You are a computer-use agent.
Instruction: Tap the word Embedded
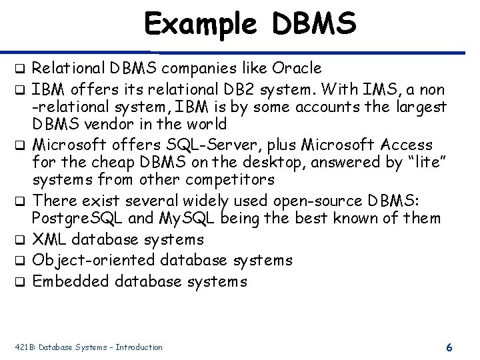[x=70, y=281]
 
